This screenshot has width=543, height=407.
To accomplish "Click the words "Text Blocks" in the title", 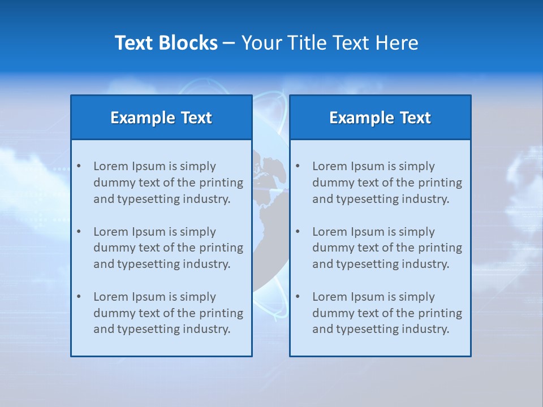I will [x=166, y=43].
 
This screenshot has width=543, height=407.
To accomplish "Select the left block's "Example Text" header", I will [x=161, y=118].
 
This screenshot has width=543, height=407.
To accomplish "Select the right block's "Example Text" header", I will [x=380, y=118].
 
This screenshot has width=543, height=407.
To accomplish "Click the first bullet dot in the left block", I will [x=79, y=166].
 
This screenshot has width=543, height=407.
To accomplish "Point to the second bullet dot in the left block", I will [x=79, y=232].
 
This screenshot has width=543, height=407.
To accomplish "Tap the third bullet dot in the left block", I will [x=79, y=297].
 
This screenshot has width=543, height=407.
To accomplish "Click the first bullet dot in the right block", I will [x=298, y=166].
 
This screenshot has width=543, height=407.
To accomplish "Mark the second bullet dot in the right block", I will [x=298, y=232].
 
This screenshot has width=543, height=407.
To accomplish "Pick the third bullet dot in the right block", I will [x=298, y=297].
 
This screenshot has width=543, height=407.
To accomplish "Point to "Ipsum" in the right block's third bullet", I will [x=367, y=297].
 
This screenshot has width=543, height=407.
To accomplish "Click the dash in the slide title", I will [x=229, y=43].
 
